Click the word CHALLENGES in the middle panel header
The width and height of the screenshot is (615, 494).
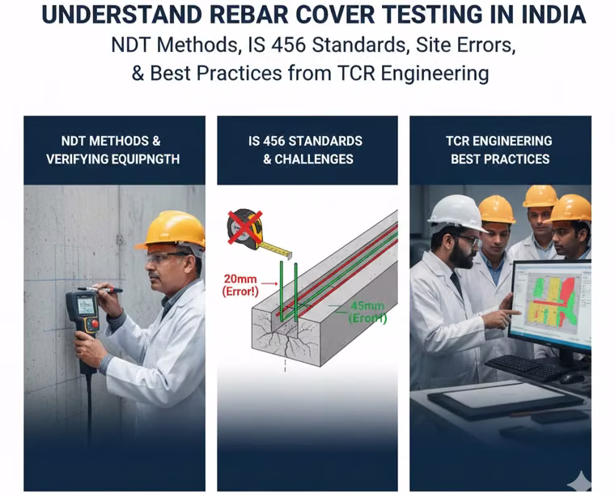pos(314,159)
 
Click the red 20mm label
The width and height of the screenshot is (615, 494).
pos(240,279)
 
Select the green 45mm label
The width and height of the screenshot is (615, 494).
pos(367,305)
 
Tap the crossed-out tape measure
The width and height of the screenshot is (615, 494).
pos(246,229)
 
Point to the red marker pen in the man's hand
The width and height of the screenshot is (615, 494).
pos(100,290)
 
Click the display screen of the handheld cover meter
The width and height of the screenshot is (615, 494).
pos(86,305)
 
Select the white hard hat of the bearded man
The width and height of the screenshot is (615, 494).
pos(456,213)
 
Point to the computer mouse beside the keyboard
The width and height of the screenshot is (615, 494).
pos(573,378)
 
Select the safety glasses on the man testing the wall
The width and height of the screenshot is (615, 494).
pos(165,258)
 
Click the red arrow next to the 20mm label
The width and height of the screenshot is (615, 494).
pos(269,283)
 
